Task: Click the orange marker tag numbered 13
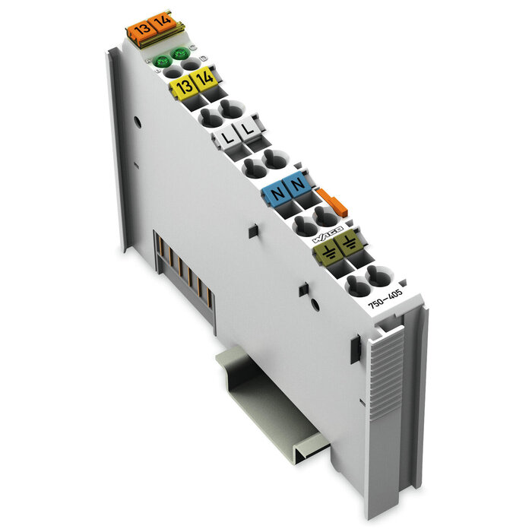click(x=140, y=30)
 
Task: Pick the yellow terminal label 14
click(x=204, y=81)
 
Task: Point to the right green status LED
click(x=180, y=53)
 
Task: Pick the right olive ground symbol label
click(x=347, y=244)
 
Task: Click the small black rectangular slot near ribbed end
click(x=355, y=349)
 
